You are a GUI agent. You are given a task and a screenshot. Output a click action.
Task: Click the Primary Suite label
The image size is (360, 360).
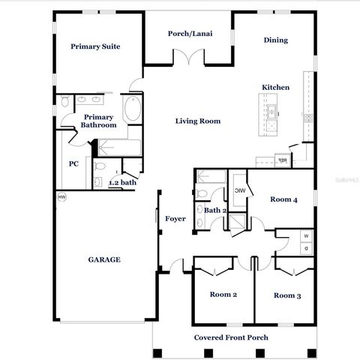[x=95, y=46]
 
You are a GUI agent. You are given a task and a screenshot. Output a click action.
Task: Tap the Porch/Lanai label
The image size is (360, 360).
[x=187, y=34]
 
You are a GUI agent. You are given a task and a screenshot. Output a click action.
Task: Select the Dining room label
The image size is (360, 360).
[x=275, y=40]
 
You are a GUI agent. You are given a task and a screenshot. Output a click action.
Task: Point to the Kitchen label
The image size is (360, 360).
[x=275, y=88]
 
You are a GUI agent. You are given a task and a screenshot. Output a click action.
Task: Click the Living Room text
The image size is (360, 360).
[x=198, y=121]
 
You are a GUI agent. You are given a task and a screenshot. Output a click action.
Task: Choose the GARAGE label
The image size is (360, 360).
[x=104, y=259]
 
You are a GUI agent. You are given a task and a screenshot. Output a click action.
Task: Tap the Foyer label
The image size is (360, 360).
[x=175, y=218]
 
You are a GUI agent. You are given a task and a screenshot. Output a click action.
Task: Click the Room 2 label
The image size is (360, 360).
[x=223, y=295]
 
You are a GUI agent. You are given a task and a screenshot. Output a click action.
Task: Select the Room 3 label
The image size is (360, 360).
[x=287, y=295]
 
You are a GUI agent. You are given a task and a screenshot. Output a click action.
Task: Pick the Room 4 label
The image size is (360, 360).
[x=284, y=199]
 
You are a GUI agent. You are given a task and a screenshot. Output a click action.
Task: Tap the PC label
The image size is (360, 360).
[x=74, y=163]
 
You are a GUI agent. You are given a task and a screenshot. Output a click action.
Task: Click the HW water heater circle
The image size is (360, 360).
[x=61, y=196]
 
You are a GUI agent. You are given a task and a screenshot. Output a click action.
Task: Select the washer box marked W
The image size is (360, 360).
[x=305, y=236]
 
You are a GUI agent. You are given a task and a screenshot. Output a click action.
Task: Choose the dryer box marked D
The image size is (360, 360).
[x=305, y=248]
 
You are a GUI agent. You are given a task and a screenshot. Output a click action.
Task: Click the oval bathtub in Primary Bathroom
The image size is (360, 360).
[x=133, y=110]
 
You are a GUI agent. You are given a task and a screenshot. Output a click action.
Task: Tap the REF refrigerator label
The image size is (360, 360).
[x=283, y=160]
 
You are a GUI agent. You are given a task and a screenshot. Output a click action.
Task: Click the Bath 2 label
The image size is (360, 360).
[x=215, y=211]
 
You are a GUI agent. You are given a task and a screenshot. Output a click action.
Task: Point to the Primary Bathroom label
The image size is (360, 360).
[x=99, y=121]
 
